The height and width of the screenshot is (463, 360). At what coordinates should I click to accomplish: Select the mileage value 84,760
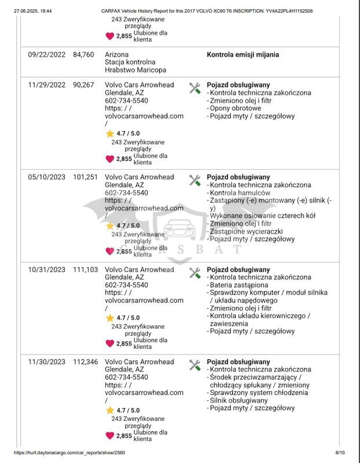pyautogui.click(x=83, y=55)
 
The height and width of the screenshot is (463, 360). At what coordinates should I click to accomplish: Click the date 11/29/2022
pyautogui.click(x=46, y=85)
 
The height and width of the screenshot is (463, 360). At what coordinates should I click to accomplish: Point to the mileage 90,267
pyautogui.click(x=83, y=85)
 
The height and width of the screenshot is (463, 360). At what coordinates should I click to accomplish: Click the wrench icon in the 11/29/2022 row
pyautogui.click(x=195, y=88)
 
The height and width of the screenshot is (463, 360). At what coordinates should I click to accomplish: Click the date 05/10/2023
pyautogui.click(x=46, y=177)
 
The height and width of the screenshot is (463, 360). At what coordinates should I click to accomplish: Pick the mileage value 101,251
pyautogui.click(x=85, y=177)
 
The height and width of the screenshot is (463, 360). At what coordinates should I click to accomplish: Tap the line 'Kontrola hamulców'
pyautogui.click(x=239, y=193)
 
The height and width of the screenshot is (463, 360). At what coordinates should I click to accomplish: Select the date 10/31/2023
pyautogui.click(x=46, y=270)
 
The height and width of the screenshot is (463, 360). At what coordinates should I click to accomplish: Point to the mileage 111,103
pyautogui.click(x=85, y=270)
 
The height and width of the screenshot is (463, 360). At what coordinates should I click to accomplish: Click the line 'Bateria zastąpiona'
pyautogui.click(x=238, y=285)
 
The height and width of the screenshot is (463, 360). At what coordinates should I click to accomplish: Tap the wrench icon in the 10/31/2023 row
pyautogui.click(x=195, y=273)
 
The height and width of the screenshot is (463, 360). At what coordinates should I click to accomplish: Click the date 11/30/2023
pyautogui.click(x=46, y=362)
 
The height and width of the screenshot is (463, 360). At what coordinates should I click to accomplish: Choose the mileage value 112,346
pyautogui.click(x=85, y=362)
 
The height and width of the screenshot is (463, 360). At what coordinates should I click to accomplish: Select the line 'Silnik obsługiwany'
pyautogui.click(x=238, y=400)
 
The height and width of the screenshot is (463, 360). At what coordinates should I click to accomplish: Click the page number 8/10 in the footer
pyautogui.click(x=340, y=453)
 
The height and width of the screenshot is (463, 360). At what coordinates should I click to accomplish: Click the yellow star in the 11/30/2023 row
pyautogui.click(x=110, y=410)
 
